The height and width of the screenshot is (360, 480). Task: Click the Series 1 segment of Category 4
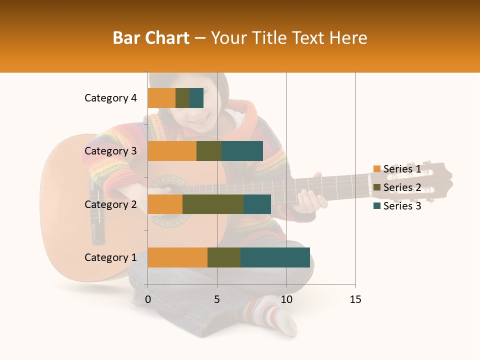pyautogui.click(x=161, y=98)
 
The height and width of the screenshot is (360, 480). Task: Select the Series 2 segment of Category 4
pyautogui.click(x=182, y=98)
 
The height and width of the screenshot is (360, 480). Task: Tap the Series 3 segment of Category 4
pyautogui.click(x=196, y=98)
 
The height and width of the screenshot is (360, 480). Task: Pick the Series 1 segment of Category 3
pyautogui.click(x=172, y=151)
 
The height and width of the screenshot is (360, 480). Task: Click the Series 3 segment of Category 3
pyautogui.click(x=242, y=151)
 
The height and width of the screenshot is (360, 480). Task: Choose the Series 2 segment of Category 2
pyautogui.click(x=213, y=204)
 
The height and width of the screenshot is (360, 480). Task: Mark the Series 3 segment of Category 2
pyautogui.click(x=257, y=204)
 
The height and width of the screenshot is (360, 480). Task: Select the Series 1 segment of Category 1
pyautogui.click(x=177, y=257)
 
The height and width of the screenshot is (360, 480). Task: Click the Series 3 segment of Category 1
pyautogui.click(x=275, y=257)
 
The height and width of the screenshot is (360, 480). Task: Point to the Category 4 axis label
pyautogui.click(x=110, y=98)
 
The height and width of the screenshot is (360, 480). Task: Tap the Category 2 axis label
pyautogui.click(x=110, y=204)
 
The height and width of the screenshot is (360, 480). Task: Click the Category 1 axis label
pyautogui.click(x=110, y=257)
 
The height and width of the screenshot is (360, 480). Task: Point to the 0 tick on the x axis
pyautogui.click(x=148, y=299)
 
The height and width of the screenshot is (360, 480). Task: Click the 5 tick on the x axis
pyautogui.click(x=217, y=299)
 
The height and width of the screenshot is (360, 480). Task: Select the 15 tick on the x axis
pyautogui.click(x=355, y=299)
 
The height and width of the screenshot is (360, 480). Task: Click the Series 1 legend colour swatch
pyautogui.click(x=376, y=169)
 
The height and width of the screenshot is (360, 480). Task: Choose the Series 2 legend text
pyautogui.click(x=402, y=187)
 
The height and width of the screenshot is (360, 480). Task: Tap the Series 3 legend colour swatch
pyautogui.click(x=376, y=206)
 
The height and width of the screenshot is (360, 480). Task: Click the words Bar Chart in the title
pyautogui.click(x=151, y=37)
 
